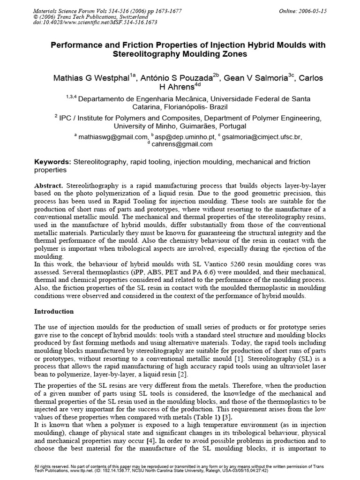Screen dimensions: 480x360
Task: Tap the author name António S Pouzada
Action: click(x=178, y=78)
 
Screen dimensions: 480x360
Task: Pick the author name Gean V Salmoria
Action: click(x=258, y=78)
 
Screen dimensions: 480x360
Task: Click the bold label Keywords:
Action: click(x=53, y=162)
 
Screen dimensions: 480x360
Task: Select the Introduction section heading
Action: click(x=54, y=311)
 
